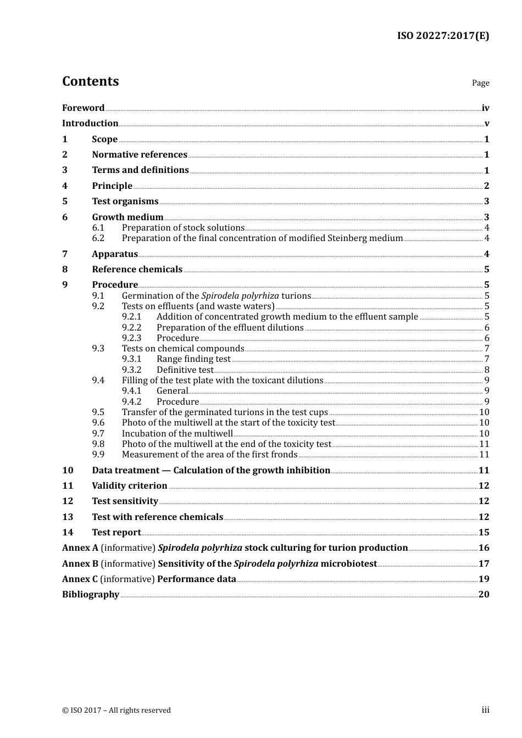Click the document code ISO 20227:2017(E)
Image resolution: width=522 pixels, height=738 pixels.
coord(443,36)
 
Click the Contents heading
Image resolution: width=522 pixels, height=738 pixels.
coord(90,81)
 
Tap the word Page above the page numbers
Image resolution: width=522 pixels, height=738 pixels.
coord(480,83)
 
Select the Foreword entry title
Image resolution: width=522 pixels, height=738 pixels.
coord(83,108)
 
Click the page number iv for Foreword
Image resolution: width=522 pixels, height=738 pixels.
coord(485,108)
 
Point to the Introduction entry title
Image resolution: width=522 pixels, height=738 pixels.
coord(90,124)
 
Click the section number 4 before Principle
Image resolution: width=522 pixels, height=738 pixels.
coord(65,186)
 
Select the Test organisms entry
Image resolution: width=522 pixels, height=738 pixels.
coord(125,202)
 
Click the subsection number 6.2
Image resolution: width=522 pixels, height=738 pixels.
coord(98,238)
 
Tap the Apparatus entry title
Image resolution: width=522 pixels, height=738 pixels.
coord(115,254)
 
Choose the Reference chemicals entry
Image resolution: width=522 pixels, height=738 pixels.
coord(137,270)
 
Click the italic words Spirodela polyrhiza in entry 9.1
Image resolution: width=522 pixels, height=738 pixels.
coord(240,296)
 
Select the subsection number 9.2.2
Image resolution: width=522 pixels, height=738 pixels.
coord(131,328)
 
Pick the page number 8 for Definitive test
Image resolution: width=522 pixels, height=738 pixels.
coord(487,370)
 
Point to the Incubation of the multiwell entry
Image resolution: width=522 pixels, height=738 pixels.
coord(177,434)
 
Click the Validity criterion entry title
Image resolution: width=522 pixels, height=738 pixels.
coord(129,486)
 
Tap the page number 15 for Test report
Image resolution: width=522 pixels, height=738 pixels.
coord(484,533)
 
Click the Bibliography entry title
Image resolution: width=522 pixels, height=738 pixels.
coord(91,595)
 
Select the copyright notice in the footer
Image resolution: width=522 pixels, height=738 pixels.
coord(116,711)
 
